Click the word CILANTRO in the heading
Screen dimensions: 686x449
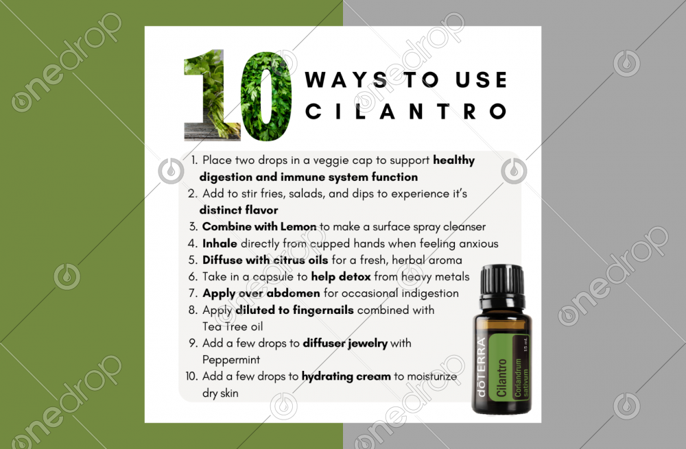(x=405, y=112)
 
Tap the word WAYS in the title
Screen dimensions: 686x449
(x=346, y=80)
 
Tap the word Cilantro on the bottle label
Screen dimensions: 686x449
(x=501, y=378)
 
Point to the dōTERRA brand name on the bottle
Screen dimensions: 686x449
(x=481, y=366)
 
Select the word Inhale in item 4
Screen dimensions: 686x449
(x=220, y=243)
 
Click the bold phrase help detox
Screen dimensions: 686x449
(x=341, y=277)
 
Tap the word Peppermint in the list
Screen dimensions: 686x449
(x=231, y=361)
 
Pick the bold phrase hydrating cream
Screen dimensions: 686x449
(x=346, y=377)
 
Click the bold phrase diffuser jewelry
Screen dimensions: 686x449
(x=345, y=343)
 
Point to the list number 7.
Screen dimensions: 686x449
(x=193, y=293)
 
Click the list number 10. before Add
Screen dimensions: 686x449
(x=191, y=376)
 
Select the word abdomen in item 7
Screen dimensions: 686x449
(x=293, y=293)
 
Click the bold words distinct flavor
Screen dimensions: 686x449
(x=239, y=210)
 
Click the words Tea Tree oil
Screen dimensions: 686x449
(x=233, y=326)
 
